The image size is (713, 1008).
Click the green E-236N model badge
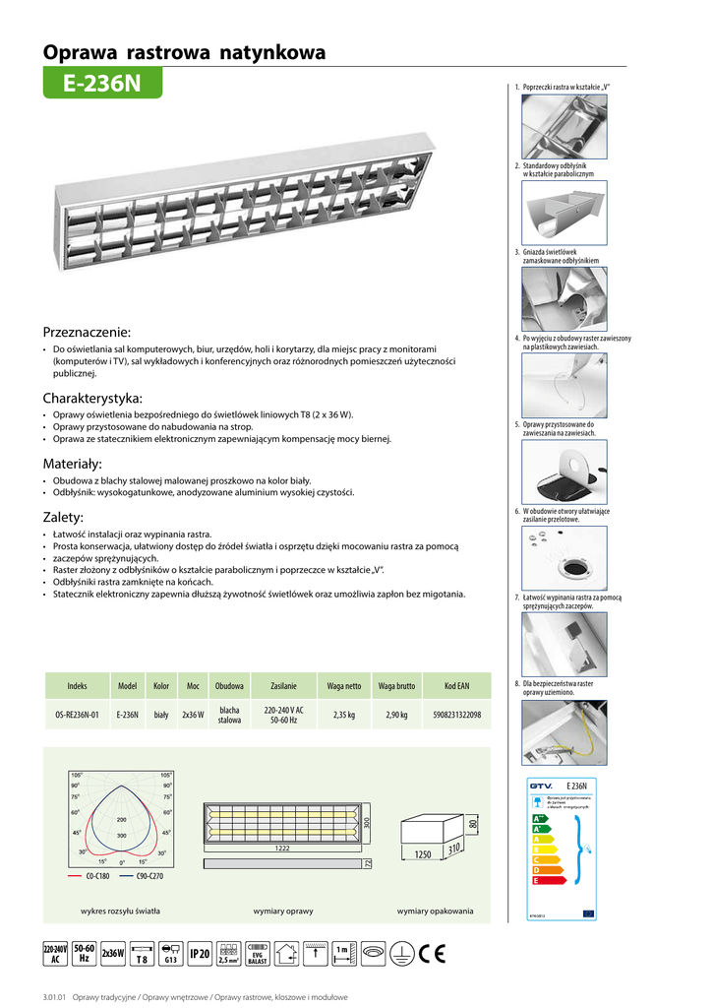101,85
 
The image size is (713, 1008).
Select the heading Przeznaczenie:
87,332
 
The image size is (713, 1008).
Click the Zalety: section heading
63,517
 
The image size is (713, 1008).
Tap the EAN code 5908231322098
456,715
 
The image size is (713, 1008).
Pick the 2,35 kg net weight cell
343,715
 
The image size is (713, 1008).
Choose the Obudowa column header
229,685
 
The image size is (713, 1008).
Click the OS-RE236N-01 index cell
78,715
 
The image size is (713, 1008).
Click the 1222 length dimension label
283,848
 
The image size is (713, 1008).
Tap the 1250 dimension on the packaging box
423,855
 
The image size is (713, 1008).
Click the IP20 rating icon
200,953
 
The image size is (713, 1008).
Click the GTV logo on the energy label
541,786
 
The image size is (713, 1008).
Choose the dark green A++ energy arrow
539,818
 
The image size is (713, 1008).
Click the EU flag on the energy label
588,913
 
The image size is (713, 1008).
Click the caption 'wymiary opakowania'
435,912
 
